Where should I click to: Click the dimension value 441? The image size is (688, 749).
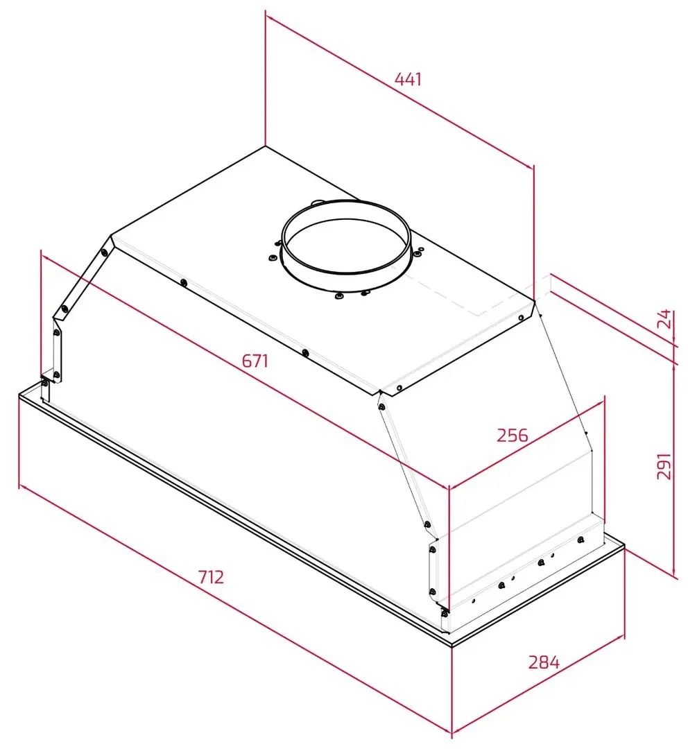(409, 79)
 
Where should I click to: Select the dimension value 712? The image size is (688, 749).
(211, 576)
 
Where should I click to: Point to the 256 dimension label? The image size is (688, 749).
(513, 435)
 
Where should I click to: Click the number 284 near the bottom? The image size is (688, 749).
(544, 662)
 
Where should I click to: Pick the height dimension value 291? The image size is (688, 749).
(664, 466)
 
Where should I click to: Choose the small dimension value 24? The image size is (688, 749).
(664, 320)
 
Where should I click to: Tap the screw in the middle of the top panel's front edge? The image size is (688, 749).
(305, 352)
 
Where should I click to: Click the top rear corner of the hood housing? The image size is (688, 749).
(265, 146)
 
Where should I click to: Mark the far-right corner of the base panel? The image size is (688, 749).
(625, 549)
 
